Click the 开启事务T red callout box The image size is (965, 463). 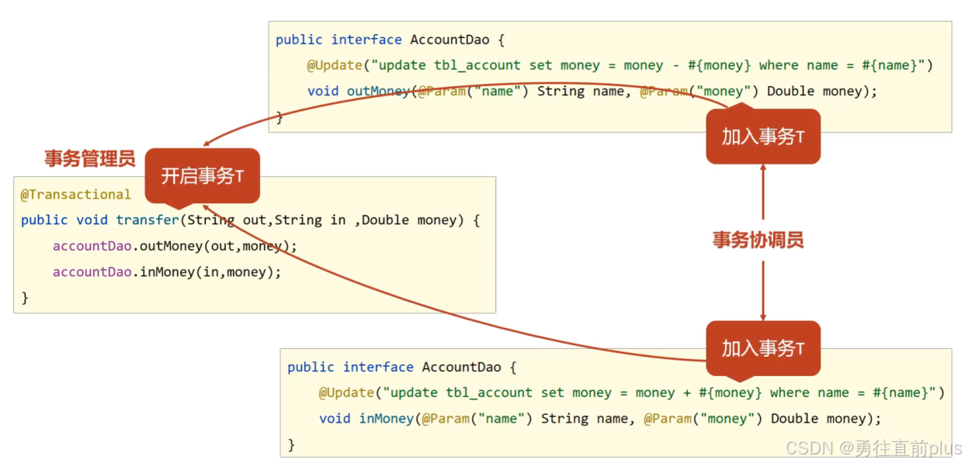point(202,176)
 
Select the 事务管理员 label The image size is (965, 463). point(89,159)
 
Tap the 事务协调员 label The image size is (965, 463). point(758,240)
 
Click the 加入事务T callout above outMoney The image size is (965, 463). point(762,136)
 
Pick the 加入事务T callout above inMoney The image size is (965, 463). point(762,349)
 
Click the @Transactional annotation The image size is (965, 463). point(75,195)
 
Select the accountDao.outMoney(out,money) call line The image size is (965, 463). point(175,246)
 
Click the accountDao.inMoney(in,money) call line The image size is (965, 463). point(166,271)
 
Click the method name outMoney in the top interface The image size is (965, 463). point(378,91)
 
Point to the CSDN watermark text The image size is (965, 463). point(873,448)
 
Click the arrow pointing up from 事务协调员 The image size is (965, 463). point(763,190)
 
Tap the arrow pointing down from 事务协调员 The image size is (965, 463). point(763,291)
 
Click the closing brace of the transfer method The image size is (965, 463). point(25,297)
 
